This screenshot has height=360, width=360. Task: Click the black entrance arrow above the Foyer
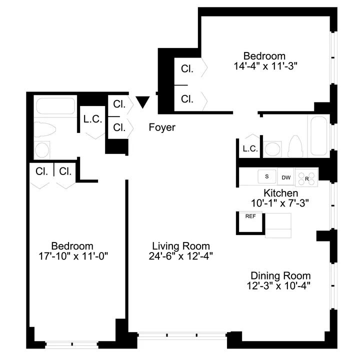pyautogui.click(x=143, y=102)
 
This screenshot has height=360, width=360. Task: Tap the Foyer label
pyautogui.click(x=162, y=127)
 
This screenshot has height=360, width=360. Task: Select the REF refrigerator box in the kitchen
pyautogui.click(x=250, y=222)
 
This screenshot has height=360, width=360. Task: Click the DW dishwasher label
pyautogui.click(x=286, y=177)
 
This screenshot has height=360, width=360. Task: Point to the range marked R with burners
pyautogui.click(x=306, y=177)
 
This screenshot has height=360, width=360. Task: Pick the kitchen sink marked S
pyautogui.click(x=267, y=176)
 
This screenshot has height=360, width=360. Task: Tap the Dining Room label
pyautogui.click(x=280, y=276)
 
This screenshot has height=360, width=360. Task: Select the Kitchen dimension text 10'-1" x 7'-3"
pyautogui.click(x=280, y=203)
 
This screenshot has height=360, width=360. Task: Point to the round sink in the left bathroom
pyautogui.click(x=43, y=149)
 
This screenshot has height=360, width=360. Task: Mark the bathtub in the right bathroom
pyautogui.click(x=318, y=136)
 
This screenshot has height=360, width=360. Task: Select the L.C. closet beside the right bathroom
pyautogui.click(x=249, y=148)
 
